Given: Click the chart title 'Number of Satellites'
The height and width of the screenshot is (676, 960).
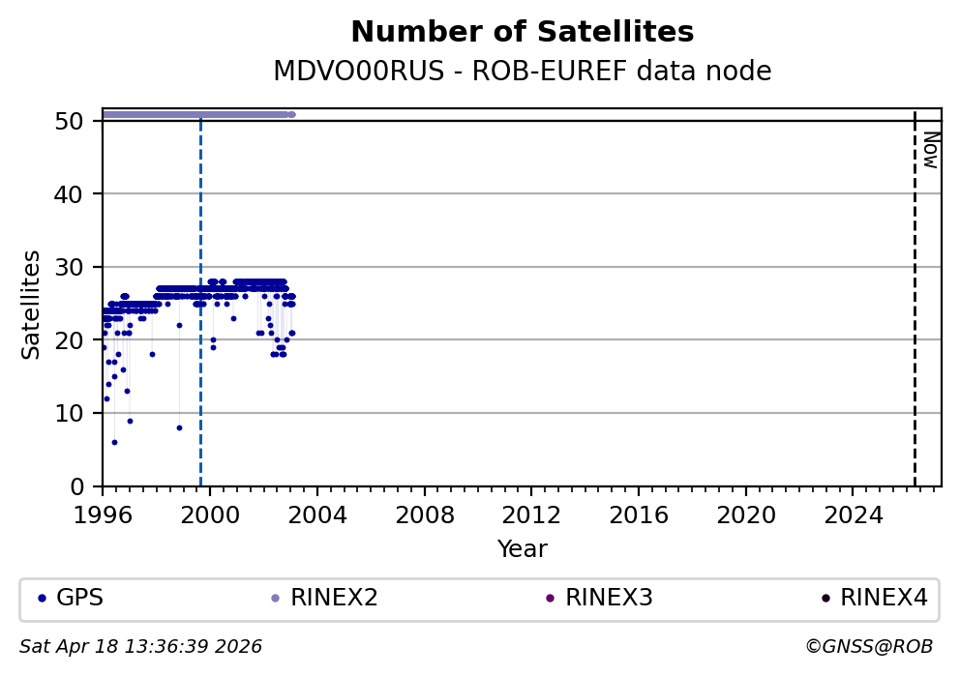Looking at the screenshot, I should click(522, 33).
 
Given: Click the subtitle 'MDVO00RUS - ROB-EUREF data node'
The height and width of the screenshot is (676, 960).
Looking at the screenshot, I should click(522, 72).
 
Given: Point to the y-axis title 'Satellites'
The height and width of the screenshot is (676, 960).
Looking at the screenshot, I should click(32, 304).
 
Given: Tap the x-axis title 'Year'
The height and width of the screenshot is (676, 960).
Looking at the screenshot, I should click(522, 549).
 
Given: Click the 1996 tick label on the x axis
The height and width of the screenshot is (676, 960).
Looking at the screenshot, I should click(104, 514).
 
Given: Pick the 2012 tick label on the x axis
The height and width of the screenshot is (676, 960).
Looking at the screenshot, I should click(531, 514).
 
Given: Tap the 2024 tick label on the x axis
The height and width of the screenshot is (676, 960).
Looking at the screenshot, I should click(853, 514).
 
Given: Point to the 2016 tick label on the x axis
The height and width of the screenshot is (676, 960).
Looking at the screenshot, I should click(639, 514).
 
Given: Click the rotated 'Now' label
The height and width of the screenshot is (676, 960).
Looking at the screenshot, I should click(930, 150).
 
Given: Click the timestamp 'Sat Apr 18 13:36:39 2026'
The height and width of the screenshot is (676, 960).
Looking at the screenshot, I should click(141, 646).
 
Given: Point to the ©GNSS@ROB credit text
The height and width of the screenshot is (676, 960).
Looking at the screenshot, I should click(868, 646).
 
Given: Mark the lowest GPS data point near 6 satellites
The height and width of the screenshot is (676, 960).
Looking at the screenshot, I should click(114, 442).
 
